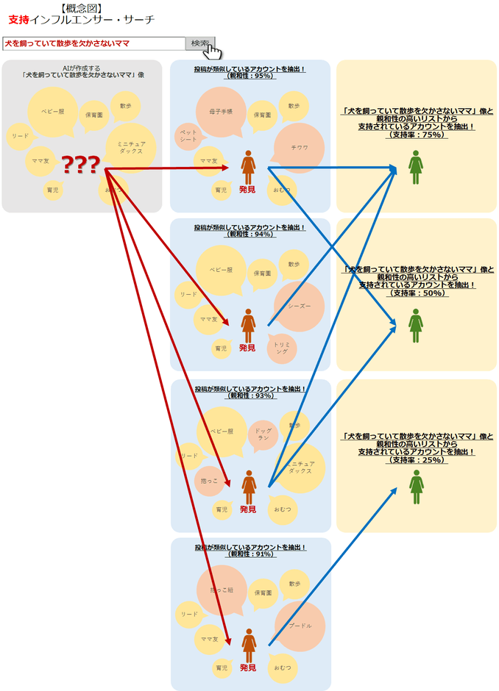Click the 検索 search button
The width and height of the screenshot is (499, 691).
(x=199, y=43)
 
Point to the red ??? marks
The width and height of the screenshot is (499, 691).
(x=80, y=165)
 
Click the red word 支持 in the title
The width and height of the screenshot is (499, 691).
(x=19, y=20)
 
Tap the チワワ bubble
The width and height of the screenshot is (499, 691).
(x=299, y=147)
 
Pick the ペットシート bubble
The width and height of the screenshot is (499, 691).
(x=189, y=135)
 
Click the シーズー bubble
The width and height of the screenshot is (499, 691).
(x=299, y=306)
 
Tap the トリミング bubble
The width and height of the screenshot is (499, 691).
(x=282, y=348)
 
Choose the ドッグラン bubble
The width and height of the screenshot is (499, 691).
(x=263, y=434)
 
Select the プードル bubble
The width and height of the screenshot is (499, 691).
(x=299, y=626)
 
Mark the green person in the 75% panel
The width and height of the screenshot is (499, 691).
(x=416, y=168)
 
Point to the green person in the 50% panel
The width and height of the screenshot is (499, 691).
(x=416, y=325)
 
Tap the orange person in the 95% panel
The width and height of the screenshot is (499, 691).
(x=249, y=168)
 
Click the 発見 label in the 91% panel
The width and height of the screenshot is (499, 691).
(x=248, y=667)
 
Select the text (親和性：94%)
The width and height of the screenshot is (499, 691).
(x=250, y=234)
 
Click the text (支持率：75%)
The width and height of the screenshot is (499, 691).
(x=417, y=135)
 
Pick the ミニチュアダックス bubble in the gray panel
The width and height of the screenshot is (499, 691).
(x=131, y=145)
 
